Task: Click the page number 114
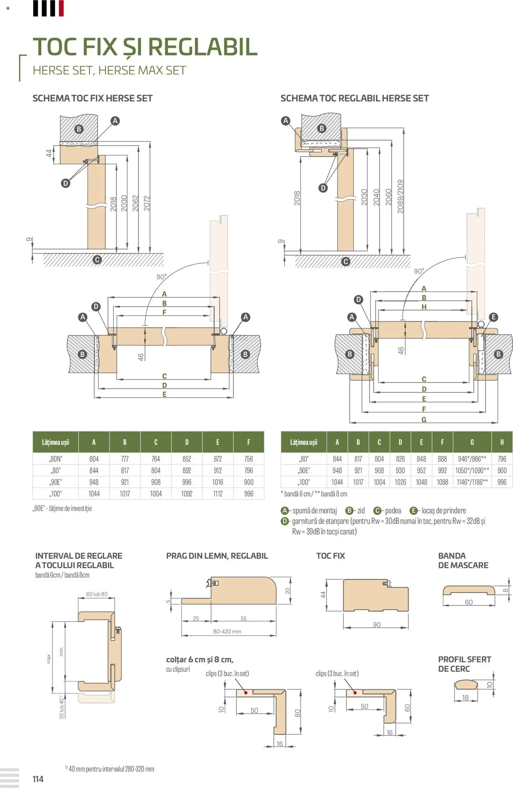tap(38, 779)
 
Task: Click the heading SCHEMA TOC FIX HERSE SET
tap(92, 98)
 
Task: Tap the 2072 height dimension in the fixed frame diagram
tap(147, 203)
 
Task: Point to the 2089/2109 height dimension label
tap(400, 196)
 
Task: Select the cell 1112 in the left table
tap(217, 494)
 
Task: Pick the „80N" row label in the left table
tap(56, 459)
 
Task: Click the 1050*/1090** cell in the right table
tap(472, 470)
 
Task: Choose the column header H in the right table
tap(502, 442)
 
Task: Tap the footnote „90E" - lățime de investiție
tap(62, 508)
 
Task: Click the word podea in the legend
tap(393, 510)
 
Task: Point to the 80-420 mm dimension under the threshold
tap(227, 632)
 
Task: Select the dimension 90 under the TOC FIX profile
tap(377, 625)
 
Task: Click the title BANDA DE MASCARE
tap(463, 560)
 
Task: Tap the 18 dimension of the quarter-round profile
tap(465, 698)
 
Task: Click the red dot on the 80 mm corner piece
tap(246, 693)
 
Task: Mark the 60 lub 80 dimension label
tap(97, 594)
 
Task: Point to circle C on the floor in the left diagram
tap(97, 260)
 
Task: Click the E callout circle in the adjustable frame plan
tap(493, 317)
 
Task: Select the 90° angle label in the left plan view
tap(162, 277)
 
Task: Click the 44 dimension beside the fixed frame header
tap(49, 153)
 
